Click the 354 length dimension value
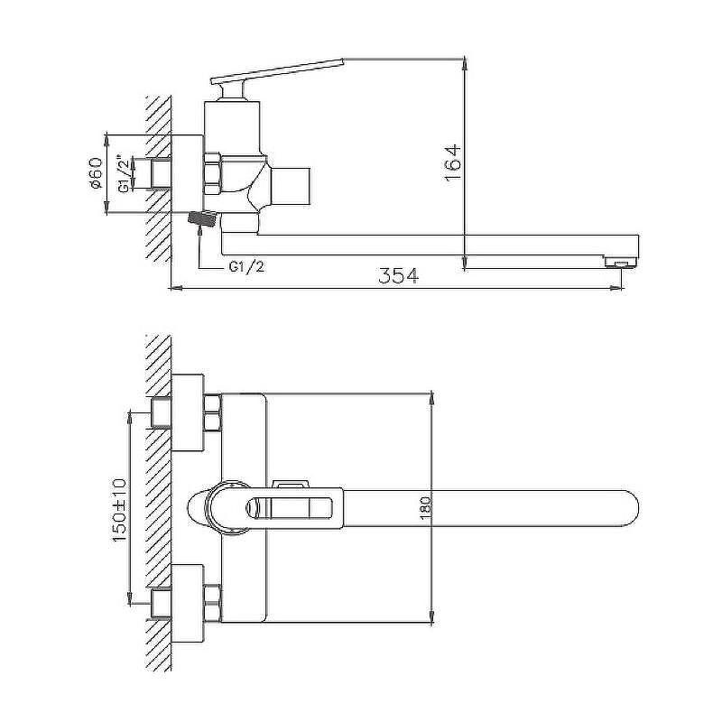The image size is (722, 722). [x=399, y=275]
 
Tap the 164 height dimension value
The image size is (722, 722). [x=453, y=163]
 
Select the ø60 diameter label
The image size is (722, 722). [x=96, y=173]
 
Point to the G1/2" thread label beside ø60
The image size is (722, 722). [x=124, y=173]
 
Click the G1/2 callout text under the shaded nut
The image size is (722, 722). [x=246, y=266]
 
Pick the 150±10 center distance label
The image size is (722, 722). [x=119, y=510]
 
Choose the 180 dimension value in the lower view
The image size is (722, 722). [x=425, y=508]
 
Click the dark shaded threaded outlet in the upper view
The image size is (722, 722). [x=202, y=218]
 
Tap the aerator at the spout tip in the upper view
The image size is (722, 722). [x=620, y=262]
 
